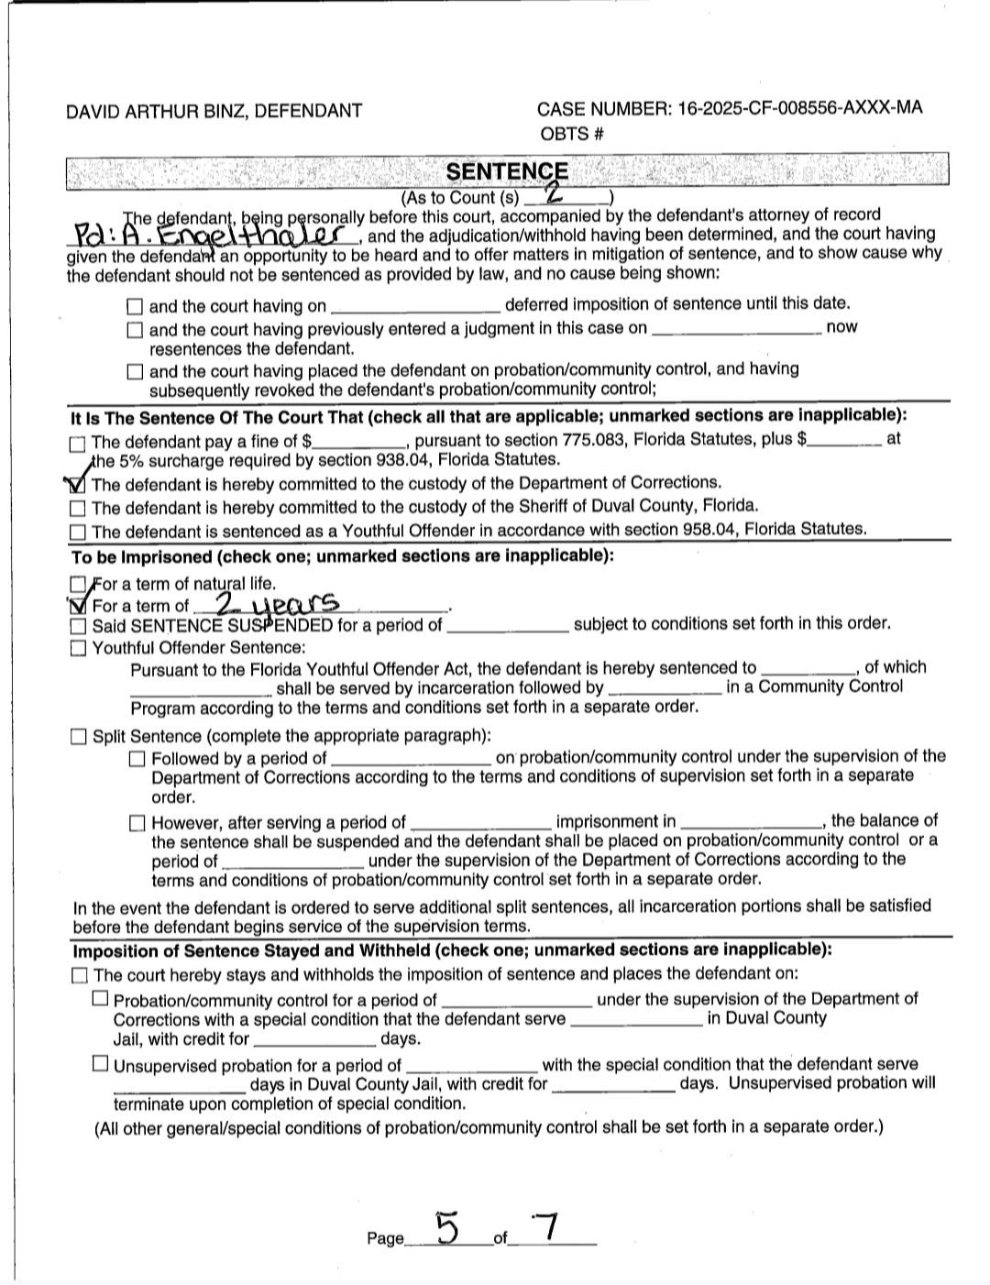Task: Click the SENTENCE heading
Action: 507,171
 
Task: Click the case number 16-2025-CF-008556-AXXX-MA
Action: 799,108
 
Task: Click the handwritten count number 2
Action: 554,193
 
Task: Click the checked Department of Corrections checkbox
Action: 78,484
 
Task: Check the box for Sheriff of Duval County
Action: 78,508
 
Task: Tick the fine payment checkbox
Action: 78,444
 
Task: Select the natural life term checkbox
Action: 78,584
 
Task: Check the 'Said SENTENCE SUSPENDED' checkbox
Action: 78,627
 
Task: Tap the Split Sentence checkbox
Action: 79,737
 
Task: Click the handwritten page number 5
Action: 446,1227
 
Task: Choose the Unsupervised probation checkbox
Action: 100,1064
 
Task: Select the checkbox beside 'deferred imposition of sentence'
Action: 135,306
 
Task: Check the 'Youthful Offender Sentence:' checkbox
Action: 78,649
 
